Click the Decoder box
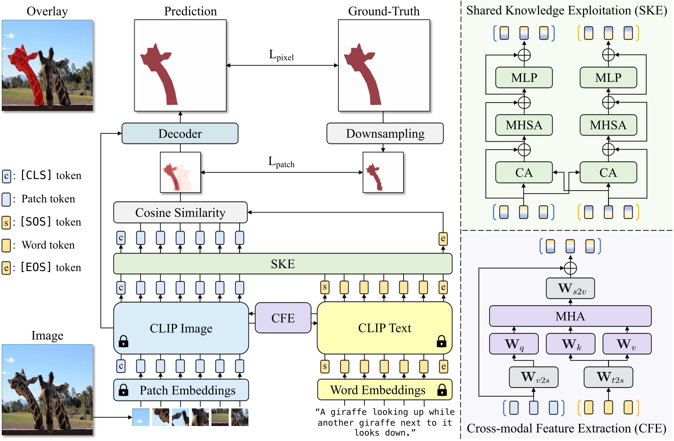(180, 133)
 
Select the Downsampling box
(385, 133)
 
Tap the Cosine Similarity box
(180, 213)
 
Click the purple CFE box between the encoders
(283, 318)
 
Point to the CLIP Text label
(384, 328)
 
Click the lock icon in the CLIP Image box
(124, 341)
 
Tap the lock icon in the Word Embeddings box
(442, 390)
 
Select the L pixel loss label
(281, 55)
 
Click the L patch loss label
(281, 162)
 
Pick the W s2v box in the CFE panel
(570, 289)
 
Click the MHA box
(570, 316)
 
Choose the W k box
(570, 344)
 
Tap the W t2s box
(608, 377)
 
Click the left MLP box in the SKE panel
(524, 78)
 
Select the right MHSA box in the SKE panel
(608, 125)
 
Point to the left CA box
(524, 173)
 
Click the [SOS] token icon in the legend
(6, 222)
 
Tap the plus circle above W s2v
(570, 268)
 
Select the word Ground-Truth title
(384, 11)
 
